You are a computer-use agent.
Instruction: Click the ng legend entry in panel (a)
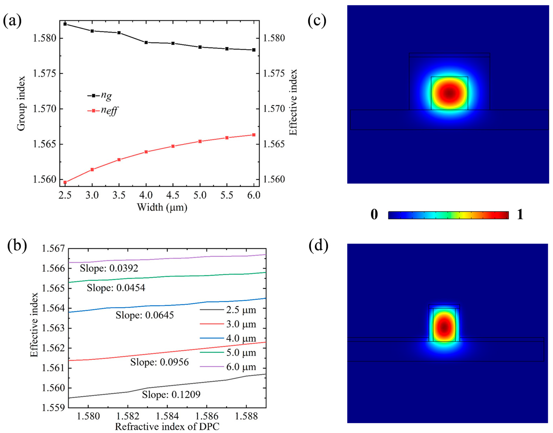(100, 95)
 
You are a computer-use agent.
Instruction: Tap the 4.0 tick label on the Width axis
(146, 195)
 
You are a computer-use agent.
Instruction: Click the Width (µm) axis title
(162, 207)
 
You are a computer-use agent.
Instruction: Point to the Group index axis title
(21, 103)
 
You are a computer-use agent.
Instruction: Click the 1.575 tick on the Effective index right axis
(274, 74)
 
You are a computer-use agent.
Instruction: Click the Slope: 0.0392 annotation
(109, 268)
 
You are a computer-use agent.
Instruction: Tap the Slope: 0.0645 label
(145, 315)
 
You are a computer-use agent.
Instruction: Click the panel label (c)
(317, 21)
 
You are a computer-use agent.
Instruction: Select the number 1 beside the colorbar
(520, 215)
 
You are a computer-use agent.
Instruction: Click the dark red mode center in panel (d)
(444, 327)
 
